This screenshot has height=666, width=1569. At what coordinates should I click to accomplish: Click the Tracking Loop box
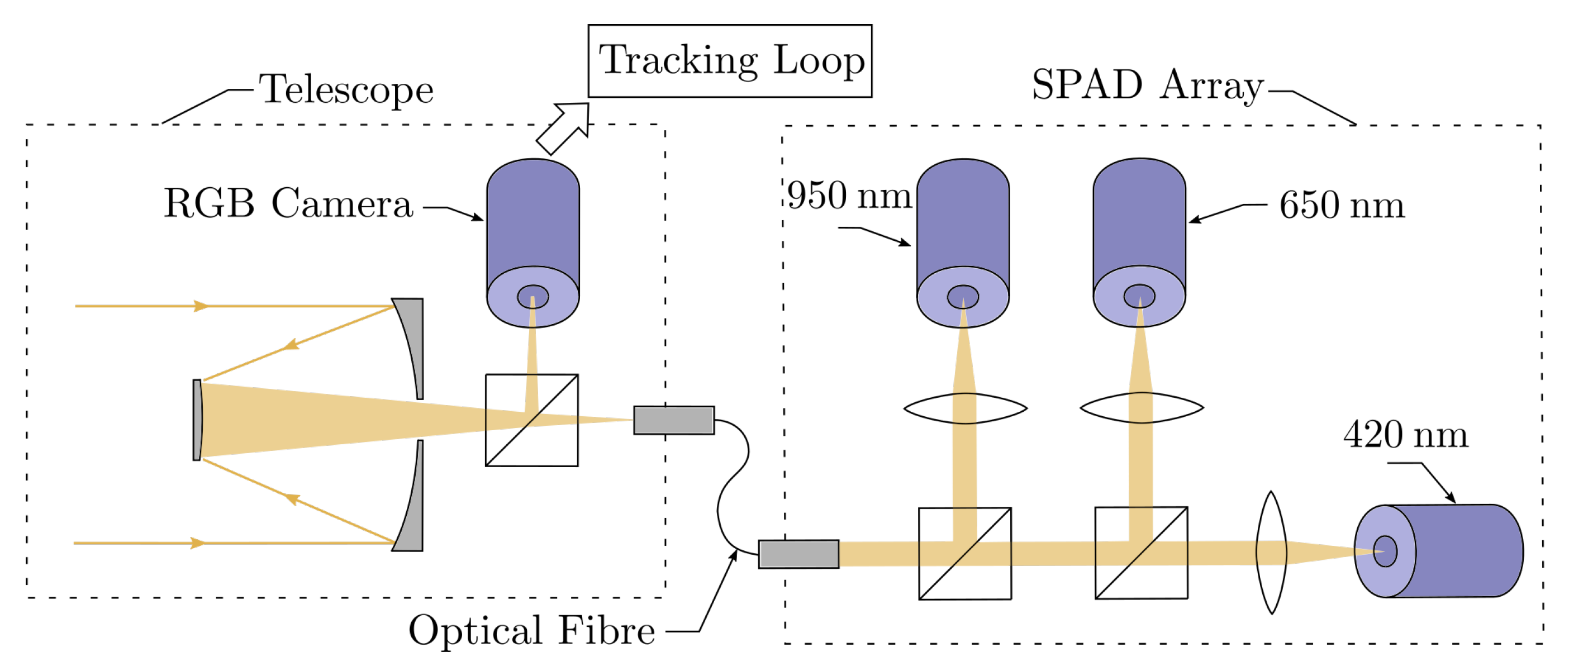point(730,61)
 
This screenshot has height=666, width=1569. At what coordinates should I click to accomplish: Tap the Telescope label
point(346,90)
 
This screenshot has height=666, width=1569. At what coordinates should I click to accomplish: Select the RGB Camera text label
point(288,203)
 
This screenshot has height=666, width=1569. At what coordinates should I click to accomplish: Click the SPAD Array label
point(1148,85)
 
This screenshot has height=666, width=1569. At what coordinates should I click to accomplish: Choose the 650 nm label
point(1341,205)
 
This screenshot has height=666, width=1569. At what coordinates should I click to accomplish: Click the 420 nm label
point(1406,435)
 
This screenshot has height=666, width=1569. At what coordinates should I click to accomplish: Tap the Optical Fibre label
point(531,630)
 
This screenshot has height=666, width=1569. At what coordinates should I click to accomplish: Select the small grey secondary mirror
point(197,420)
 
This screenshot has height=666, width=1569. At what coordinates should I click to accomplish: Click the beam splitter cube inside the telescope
point(532,421)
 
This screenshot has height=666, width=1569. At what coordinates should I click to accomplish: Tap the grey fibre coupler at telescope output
point(674,421)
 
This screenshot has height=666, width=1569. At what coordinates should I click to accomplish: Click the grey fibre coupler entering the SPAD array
point(798,554)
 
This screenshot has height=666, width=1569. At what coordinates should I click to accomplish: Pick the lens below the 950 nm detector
point(966,408)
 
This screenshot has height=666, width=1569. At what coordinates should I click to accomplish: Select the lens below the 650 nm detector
point(1142,408)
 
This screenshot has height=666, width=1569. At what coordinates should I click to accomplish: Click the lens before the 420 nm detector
point(1271,553)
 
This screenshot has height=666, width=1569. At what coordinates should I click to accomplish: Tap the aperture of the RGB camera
point(533,297)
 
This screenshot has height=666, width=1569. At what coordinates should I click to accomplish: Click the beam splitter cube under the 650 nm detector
point(1141,553)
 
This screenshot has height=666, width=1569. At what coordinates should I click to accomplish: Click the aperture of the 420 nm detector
point(1385,551)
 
